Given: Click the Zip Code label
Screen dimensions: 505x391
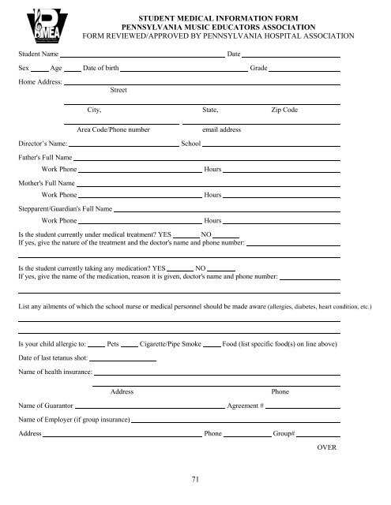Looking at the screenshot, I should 284,110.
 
